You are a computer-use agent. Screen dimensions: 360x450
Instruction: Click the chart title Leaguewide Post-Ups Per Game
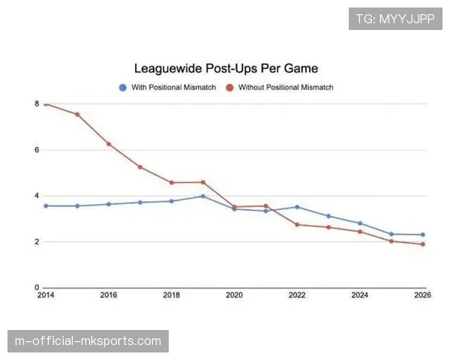coord(226,68)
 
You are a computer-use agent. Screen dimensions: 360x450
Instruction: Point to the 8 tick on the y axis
coord(36,103)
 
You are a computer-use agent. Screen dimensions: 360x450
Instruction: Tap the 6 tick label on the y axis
coord(36,150)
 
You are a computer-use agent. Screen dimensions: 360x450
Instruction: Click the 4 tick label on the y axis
coord(36,196)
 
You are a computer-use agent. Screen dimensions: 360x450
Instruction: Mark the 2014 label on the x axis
coord(45,295)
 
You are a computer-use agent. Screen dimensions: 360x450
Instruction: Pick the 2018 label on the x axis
coord(172,295)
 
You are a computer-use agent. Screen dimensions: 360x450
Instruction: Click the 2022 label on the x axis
coord(298,295)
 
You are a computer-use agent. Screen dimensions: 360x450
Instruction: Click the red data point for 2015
coord(77,114)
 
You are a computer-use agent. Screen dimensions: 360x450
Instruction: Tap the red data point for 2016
coord(109,144)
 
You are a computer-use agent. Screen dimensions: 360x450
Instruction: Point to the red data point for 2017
coord(140,166)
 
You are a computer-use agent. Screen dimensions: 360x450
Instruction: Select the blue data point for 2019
coord(203,196)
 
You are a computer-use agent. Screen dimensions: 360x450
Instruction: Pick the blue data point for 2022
coord(298,207)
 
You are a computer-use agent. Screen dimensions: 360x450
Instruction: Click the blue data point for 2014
coord(46,205)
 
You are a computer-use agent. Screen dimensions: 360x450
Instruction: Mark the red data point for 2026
coord(424,244)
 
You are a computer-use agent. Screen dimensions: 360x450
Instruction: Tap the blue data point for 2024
coord(361,223)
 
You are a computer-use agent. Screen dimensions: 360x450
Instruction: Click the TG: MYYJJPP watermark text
coord(395,19)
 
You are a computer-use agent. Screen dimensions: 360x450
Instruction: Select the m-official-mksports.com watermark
coord(88,341)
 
